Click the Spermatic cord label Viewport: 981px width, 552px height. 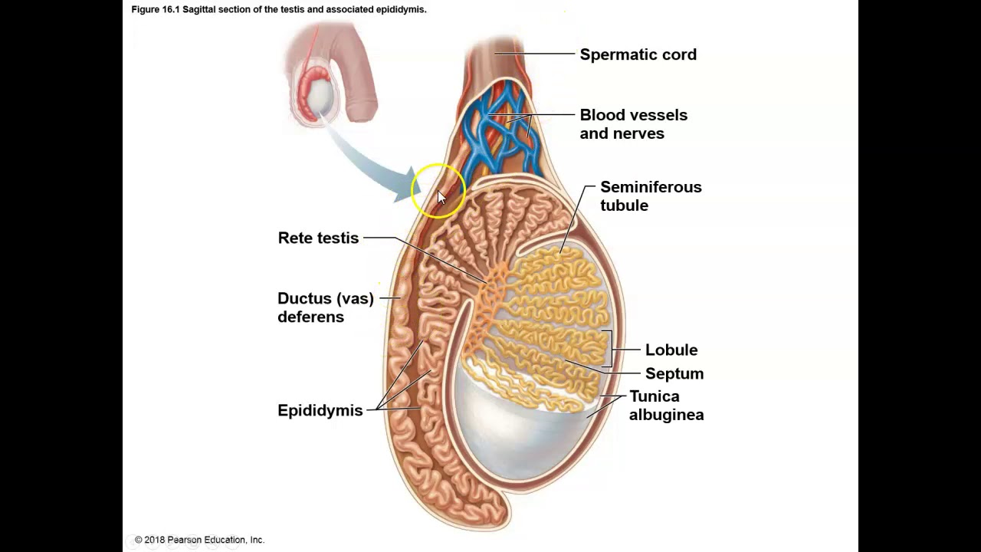coord(638,54)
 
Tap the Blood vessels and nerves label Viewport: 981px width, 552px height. coord(633,124)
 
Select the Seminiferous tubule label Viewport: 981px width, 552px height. coord(650,196)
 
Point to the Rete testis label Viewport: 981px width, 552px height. coord(318,238)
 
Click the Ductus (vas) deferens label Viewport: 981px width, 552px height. coord(325,307)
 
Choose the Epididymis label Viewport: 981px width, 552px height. coord(320,410)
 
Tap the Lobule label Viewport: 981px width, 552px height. coord(671,350)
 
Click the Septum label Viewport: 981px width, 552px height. coord(674,373)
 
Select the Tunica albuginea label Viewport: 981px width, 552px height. coord(665,406)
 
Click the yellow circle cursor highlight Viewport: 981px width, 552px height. coord(438,191)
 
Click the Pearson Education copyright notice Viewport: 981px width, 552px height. coord(199,540)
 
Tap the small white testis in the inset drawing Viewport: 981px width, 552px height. coord(320,96)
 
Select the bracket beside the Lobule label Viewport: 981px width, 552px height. coord(611,350)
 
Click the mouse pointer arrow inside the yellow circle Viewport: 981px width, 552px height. coord(441,197)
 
